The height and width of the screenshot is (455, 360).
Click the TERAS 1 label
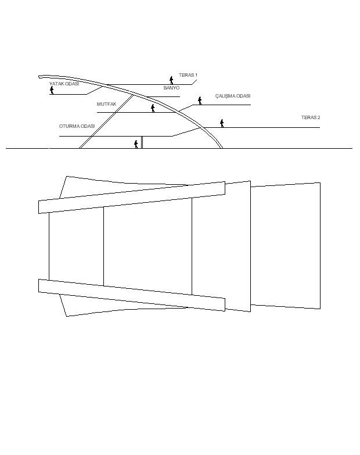point(188,75)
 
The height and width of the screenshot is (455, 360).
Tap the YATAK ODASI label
point(64,84)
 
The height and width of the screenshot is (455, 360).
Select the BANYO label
point(171,88)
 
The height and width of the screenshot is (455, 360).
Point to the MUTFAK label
point(106,104)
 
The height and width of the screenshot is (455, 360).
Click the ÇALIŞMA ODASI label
point(233,96)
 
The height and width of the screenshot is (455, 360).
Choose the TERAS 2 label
point(311,117)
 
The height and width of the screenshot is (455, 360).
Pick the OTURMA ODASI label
point(77,126)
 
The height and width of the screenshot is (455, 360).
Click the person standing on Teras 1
point(171,80)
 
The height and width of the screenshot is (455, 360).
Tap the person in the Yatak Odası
point(52,90)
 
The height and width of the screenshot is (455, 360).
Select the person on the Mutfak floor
point(153,108)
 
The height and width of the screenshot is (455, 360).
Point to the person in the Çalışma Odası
point(200,101)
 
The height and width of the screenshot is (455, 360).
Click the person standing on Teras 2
point(222,123)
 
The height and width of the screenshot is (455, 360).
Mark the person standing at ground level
point(136,144)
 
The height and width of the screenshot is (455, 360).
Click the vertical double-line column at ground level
point(142,142)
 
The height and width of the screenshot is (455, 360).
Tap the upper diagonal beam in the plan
point(132,198)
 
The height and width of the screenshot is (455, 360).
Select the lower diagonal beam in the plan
point(132,295)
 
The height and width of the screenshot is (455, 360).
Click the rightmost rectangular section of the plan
point(286,246)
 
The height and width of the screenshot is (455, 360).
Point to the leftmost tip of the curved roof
point(39,77)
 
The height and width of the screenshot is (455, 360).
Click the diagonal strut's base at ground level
point(81,148)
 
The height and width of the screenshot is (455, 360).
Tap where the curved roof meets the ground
point(222,148)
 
